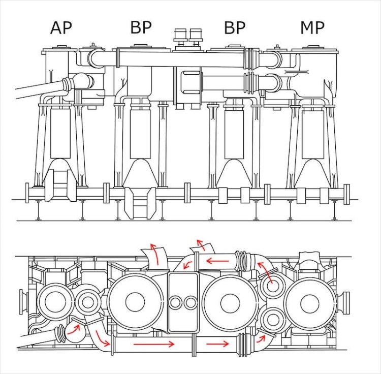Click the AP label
[x=61, y=27]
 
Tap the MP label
[x=312, y=27]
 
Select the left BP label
[x=141, y=27]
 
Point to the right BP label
[x=235, y=27]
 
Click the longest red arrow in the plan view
[x=153, y=344]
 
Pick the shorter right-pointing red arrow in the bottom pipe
[x=217, y=344]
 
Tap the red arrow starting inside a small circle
[x=265, y=272]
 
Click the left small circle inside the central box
[x=175, y=303]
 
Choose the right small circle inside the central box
[x=190, y=303]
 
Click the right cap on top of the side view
[x=196, y=35]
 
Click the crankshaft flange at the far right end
[x=347, y=194]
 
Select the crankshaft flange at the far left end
[x=27, y=194]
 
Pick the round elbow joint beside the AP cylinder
[x=80, y=81]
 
